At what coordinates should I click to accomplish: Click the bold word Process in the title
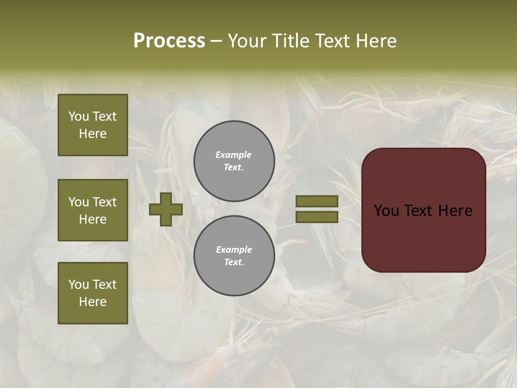tap(169, 41)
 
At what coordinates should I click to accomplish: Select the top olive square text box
tap(93, 125)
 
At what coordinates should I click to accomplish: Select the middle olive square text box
tap(93, 210)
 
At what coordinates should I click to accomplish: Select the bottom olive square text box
tap(93, 293)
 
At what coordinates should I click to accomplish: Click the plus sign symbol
tap(166, 209)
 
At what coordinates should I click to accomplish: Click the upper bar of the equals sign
tap(317, 201)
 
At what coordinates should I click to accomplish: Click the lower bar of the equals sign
tap(317, 217)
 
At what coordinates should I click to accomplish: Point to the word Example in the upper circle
tap(233, 155)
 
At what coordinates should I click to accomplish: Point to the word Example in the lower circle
tap(234, 250)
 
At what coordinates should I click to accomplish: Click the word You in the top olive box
tap(79, 116)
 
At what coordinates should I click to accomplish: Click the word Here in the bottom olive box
tap(93, 302)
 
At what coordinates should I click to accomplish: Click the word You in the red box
tap(386, 211)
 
